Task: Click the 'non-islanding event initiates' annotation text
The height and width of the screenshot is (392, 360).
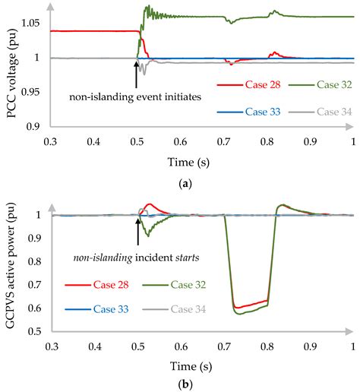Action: coord(137,99)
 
